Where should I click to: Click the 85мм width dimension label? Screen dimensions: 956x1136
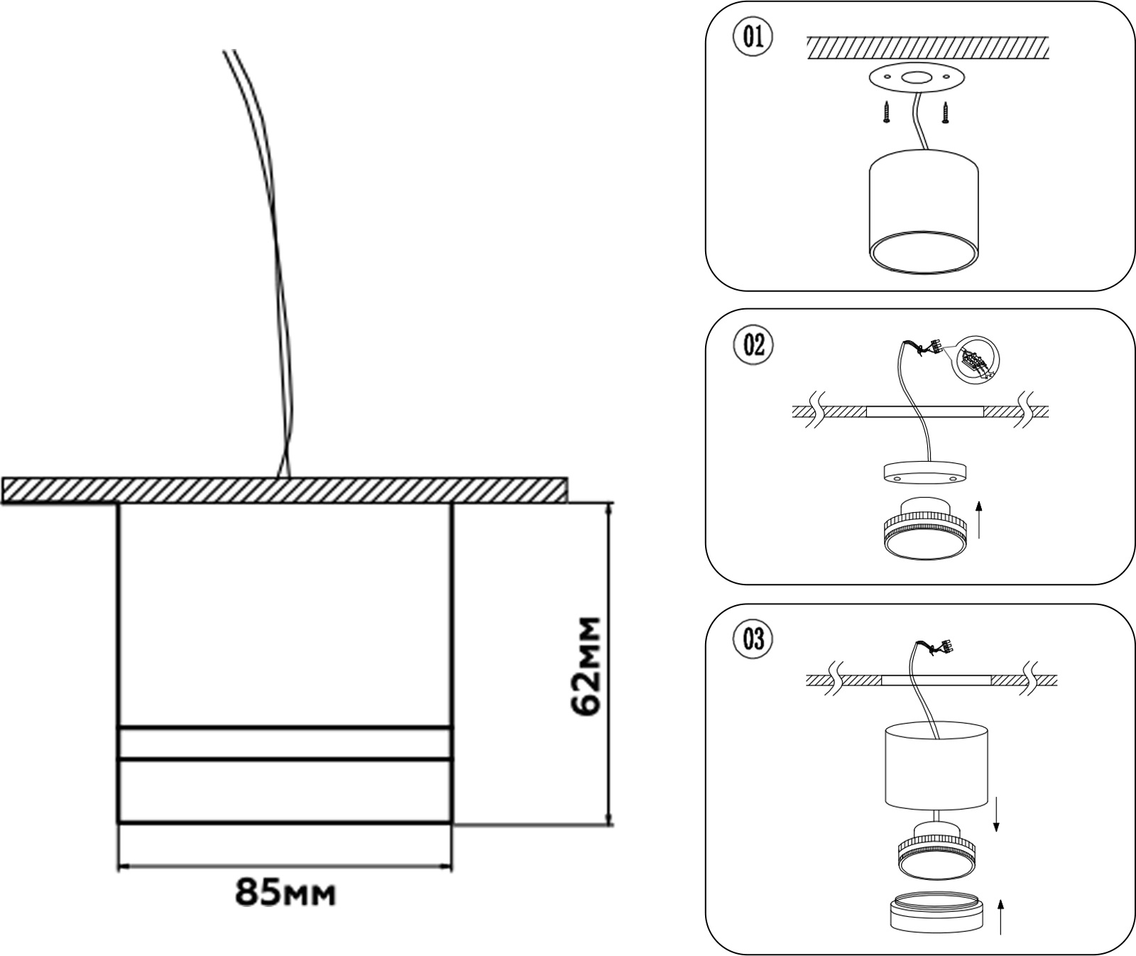[285, 892]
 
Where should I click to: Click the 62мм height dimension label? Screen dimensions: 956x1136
[586, 666]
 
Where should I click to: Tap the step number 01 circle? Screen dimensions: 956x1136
[753, 37]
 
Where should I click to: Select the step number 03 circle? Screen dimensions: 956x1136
[753, 639]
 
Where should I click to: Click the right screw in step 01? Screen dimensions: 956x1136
[946, 112]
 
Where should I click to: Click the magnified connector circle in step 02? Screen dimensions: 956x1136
[975, 360]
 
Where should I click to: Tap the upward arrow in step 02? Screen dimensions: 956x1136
[979, 518]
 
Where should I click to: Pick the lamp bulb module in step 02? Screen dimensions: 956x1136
[924, 529]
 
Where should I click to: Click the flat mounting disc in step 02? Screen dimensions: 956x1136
[924, 472]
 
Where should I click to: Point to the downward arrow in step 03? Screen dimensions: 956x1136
[996, 813]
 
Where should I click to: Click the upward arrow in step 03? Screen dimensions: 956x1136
[1001, 916]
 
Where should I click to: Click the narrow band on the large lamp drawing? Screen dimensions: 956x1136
[285, 744]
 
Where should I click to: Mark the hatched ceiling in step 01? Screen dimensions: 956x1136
[927, 48]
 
